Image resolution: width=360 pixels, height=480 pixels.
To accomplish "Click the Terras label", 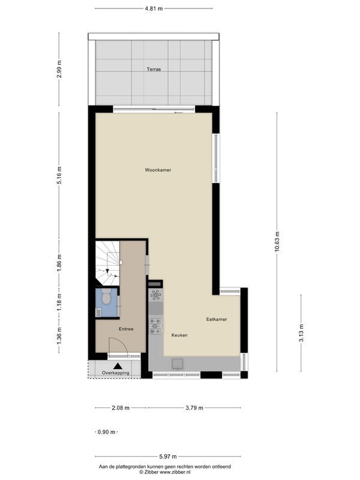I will [154, 70].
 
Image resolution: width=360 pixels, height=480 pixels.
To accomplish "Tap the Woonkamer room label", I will [158, 170].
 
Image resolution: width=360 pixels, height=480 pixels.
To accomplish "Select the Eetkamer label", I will [217, 319].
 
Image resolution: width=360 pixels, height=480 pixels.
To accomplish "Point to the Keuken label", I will [179, 335].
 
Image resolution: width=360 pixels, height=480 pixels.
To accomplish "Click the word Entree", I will [125, 329].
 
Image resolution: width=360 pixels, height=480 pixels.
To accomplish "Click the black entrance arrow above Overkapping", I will [118, 365].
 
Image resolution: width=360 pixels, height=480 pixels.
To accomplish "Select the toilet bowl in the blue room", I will [106, 296].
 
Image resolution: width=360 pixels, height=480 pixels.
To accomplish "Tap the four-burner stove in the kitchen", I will [155, 325].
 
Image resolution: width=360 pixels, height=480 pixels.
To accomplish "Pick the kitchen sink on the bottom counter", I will [178, 363].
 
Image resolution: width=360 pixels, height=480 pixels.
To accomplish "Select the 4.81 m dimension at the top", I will [153, 9].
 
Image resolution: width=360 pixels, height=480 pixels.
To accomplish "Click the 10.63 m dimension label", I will [277, 242].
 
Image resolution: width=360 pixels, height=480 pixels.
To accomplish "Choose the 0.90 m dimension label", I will [106, 432].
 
